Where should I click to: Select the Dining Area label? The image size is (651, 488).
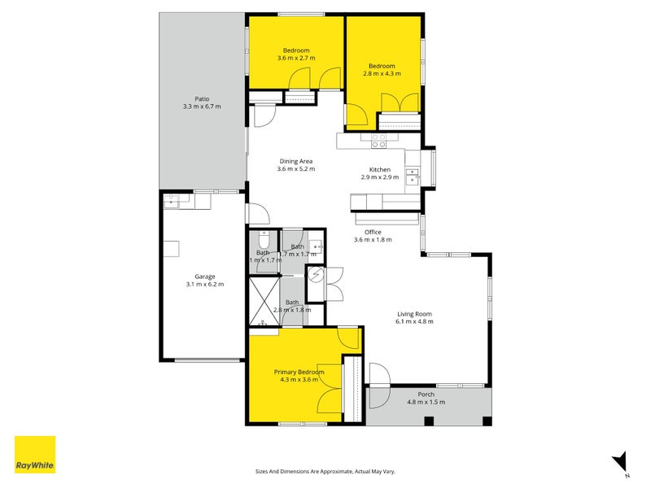tap(295, 161)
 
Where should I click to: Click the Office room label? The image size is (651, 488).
tap(373, 232)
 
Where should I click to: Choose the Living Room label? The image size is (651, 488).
tap(414, 314)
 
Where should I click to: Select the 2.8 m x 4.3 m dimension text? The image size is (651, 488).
tap(381, 74)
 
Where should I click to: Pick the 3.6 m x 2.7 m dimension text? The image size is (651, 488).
tap(295, 58)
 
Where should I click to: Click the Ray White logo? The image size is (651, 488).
tap(35, 455)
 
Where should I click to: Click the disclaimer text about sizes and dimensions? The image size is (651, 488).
tap(325, 471)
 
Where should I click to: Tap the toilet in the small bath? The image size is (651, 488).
tap(263, 242)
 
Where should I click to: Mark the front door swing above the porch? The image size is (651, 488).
tap(378, 373)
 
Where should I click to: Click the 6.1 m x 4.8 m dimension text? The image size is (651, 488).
tap(414, 322)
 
